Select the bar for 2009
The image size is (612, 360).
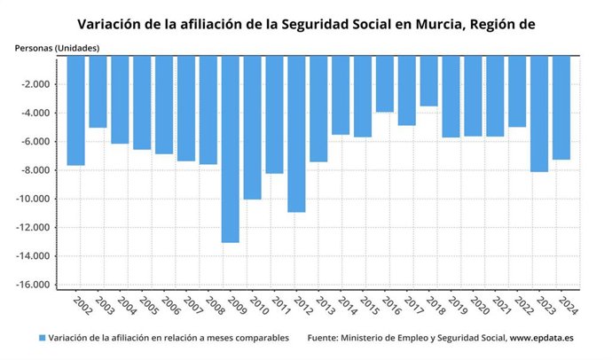pyautogui.click(x=230, y=149)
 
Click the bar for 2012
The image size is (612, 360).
pyautogui.click(x=296, y=134)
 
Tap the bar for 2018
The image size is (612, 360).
pyautogui.click(x=428, y=81)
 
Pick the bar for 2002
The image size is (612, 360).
pyautogui.click(x=76, y=111)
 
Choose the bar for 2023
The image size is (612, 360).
pyautogui.click(x=538, y=113)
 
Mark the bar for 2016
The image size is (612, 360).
pyautogui.click(x=384, y=83)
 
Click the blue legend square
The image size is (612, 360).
pyautogui.click(x=42, y=338)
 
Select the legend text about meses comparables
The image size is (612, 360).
pyautogui.click(x=169, y=338)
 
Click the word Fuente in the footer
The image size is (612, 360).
pyautogui.click(x=326, y=338)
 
